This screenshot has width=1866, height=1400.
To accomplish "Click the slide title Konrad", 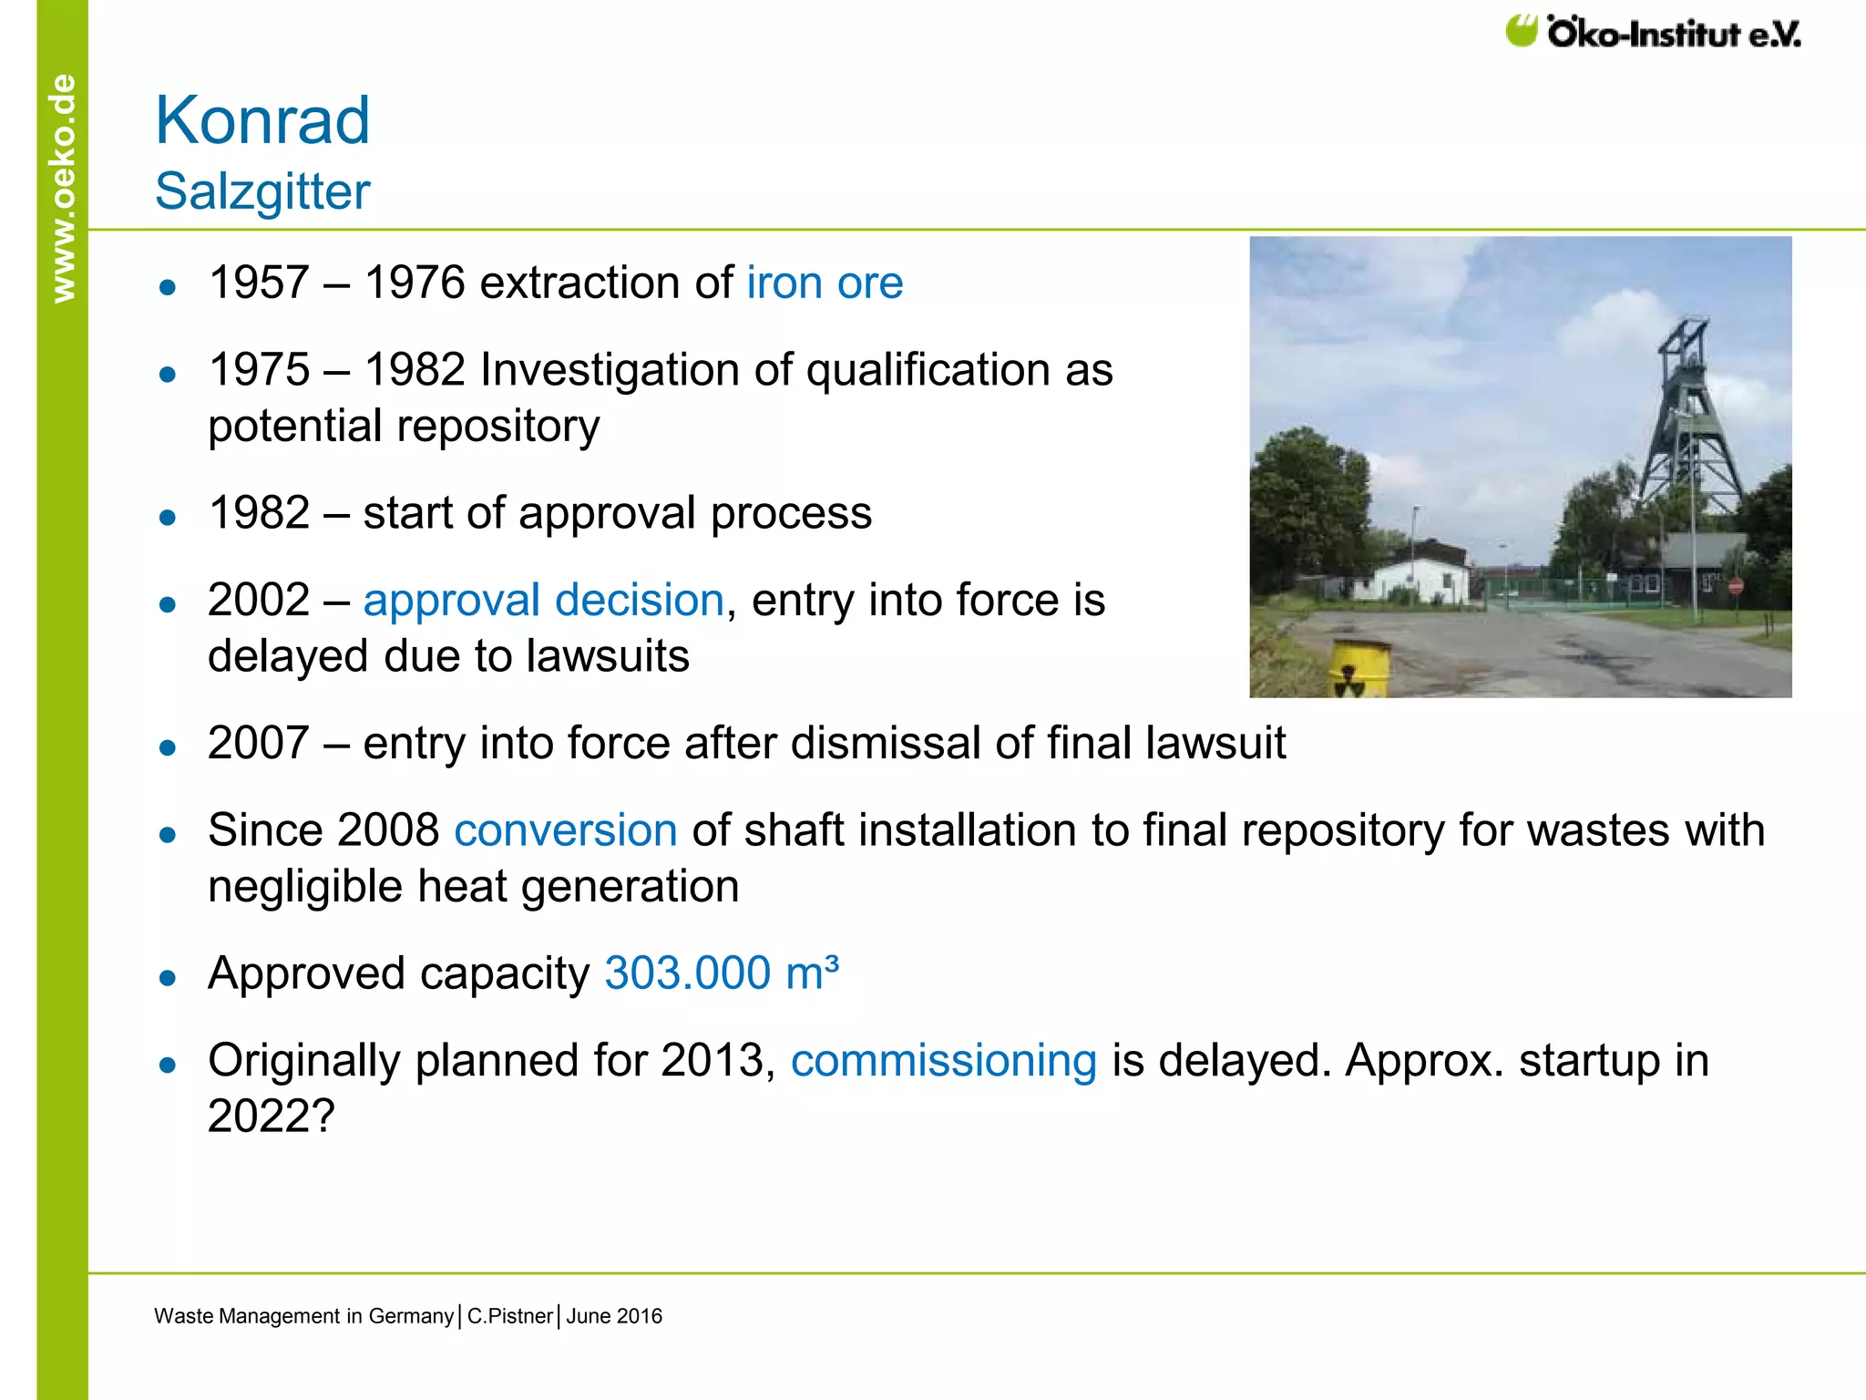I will point(262,120).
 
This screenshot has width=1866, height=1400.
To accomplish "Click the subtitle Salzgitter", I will point(262,191).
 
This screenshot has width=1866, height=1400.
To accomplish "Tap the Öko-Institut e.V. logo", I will point(1653,33).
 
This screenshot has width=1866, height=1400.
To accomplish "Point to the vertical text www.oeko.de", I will point(63,188).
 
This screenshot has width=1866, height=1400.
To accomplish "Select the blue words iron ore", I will point(824,283).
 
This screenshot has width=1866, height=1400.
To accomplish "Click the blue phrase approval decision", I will point(543,600).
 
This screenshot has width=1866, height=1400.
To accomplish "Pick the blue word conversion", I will point(565,830).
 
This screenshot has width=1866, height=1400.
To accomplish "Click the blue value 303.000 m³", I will point(721,973).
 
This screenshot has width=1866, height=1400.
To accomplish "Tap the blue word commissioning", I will point(943,1061).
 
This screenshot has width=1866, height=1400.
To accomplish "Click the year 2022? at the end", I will point(272,1116).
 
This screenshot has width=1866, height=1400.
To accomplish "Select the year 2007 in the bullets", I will point(259,743).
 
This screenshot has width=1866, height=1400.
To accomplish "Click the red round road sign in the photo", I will point(1735,586).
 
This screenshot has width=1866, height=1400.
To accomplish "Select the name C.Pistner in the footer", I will point(509,1316).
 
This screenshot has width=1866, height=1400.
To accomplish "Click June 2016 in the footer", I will point(614,1316).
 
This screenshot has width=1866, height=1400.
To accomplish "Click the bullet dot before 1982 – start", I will point(167,518).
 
